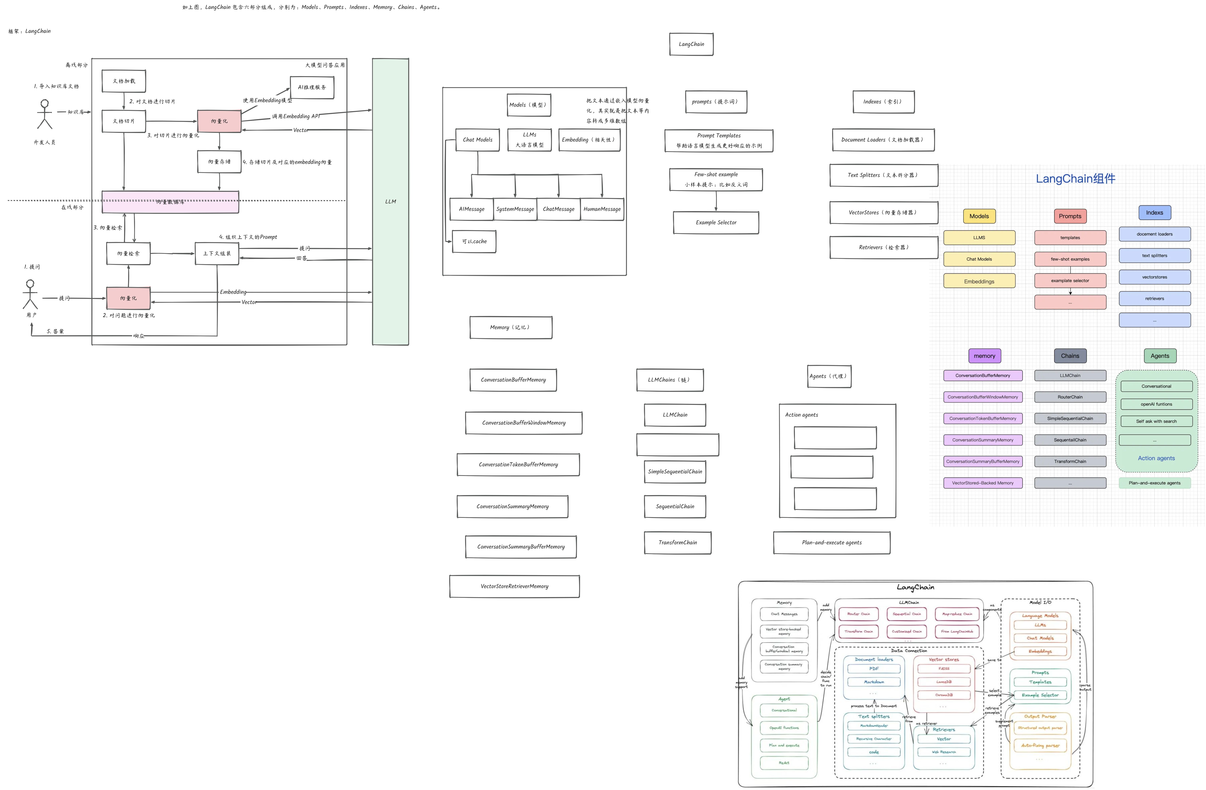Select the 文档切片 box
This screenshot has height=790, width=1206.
point(124,121)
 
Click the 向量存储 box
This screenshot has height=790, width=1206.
point(219,162)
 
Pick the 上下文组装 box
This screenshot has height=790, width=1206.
point(217,253)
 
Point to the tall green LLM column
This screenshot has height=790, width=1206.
point(390,202)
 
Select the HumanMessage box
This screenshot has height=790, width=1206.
point(602,209)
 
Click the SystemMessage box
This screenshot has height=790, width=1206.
point(515,209)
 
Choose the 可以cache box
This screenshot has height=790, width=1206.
point(474,242)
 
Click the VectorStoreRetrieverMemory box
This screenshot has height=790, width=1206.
point(514,586)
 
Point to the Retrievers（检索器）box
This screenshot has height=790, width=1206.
point(884,247)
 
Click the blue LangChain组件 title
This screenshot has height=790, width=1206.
point(1075,178)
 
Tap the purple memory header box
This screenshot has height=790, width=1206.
point(984,356)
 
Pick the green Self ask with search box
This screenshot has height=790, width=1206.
point(1156,421)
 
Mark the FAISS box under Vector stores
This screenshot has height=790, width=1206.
point(944,668)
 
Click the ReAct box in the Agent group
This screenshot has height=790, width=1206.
point(784,763)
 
